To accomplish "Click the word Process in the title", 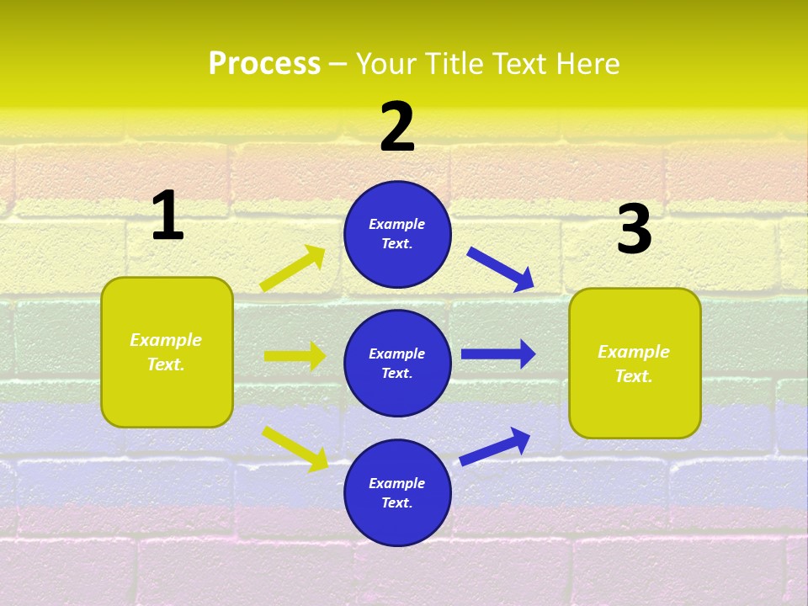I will click(264, 64).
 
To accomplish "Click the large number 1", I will click(167, 216).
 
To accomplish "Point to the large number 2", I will click(397, 127).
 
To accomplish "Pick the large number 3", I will click(634, 231).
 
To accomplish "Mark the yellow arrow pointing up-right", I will click(293, 268).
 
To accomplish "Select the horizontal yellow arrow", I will click(295, 356).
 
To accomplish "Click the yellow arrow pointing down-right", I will click(295, 449).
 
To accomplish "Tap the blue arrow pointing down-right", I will click(501, 269).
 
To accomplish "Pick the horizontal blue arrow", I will click(498, 353).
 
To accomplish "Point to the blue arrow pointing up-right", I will click(495, 446).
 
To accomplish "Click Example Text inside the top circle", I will click(397, 234).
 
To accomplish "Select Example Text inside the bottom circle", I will click(397, 493).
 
